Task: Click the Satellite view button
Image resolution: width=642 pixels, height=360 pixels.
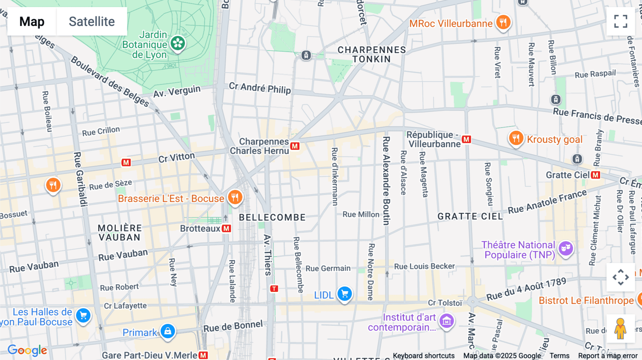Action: click(92, 21)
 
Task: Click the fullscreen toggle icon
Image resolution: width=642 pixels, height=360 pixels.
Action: click(621, 21)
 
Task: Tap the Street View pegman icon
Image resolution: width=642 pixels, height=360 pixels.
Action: click(621, 328)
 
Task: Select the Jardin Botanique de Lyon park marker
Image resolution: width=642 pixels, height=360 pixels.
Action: click(178, 43)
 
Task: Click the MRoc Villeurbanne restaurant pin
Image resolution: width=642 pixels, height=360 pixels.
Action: click(503, 22)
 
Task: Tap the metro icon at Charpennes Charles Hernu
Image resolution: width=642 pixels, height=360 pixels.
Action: click(295, 146)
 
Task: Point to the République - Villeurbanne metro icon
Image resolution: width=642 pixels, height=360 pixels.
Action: click(467, 139)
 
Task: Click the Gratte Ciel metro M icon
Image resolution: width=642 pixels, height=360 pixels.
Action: click(595, 175)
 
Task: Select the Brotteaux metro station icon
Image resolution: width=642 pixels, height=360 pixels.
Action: click(226, 228)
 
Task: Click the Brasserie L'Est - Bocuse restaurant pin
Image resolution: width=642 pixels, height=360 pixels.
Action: click(235, 197)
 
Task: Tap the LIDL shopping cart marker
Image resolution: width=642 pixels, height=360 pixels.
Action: click(345, 294)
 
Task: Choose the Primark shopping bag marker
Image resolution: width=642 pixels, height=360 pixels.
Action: click(168, 331)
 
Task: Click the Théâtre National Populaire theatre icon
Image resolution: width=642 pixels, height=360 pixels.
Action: click(566, 248)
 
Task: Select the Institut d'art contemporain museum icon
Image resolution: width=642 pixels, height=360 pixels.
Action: click(447, 321)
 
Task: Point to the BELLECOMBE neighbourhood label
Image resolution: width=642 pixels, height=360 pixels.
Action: click(272, 217)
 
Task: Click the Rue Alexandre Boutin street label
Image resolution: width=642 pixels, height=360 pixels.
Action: click(386, 180)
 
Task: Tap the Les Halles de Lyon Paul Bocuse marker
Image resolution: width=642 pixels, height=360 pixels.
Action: click(83, 315)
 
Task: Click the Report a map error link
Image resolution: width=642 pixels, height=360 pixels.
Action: click(608, 356)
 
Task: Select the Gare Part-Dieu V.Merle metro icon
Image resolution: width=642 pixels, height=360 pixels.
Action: click(203, 355)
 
